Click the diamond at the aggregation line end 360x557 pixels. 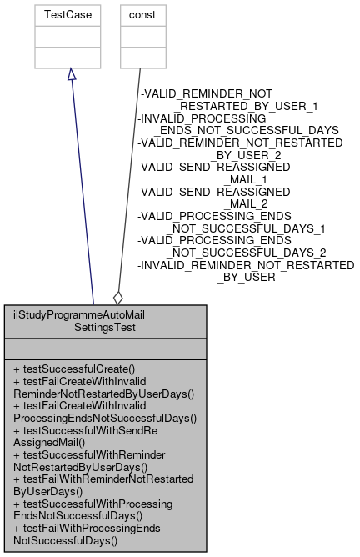click(x=118, y=296)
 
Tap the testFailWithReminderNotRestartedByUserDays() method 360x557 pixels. click(x=99, y=485)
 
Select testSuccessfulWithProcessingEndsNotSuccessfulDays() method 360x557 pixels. click(x=94, y=509)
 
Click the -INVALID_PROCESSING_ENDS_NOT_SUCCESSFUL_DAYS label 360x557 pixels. click(x=237, y=124)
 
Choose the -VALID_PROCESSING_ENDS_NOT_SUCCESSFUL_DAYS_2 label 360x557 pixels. click(x=231, y=246)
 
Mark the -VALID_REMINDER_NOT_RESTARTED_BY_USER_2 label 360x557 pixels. click(x=240, y=148)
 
